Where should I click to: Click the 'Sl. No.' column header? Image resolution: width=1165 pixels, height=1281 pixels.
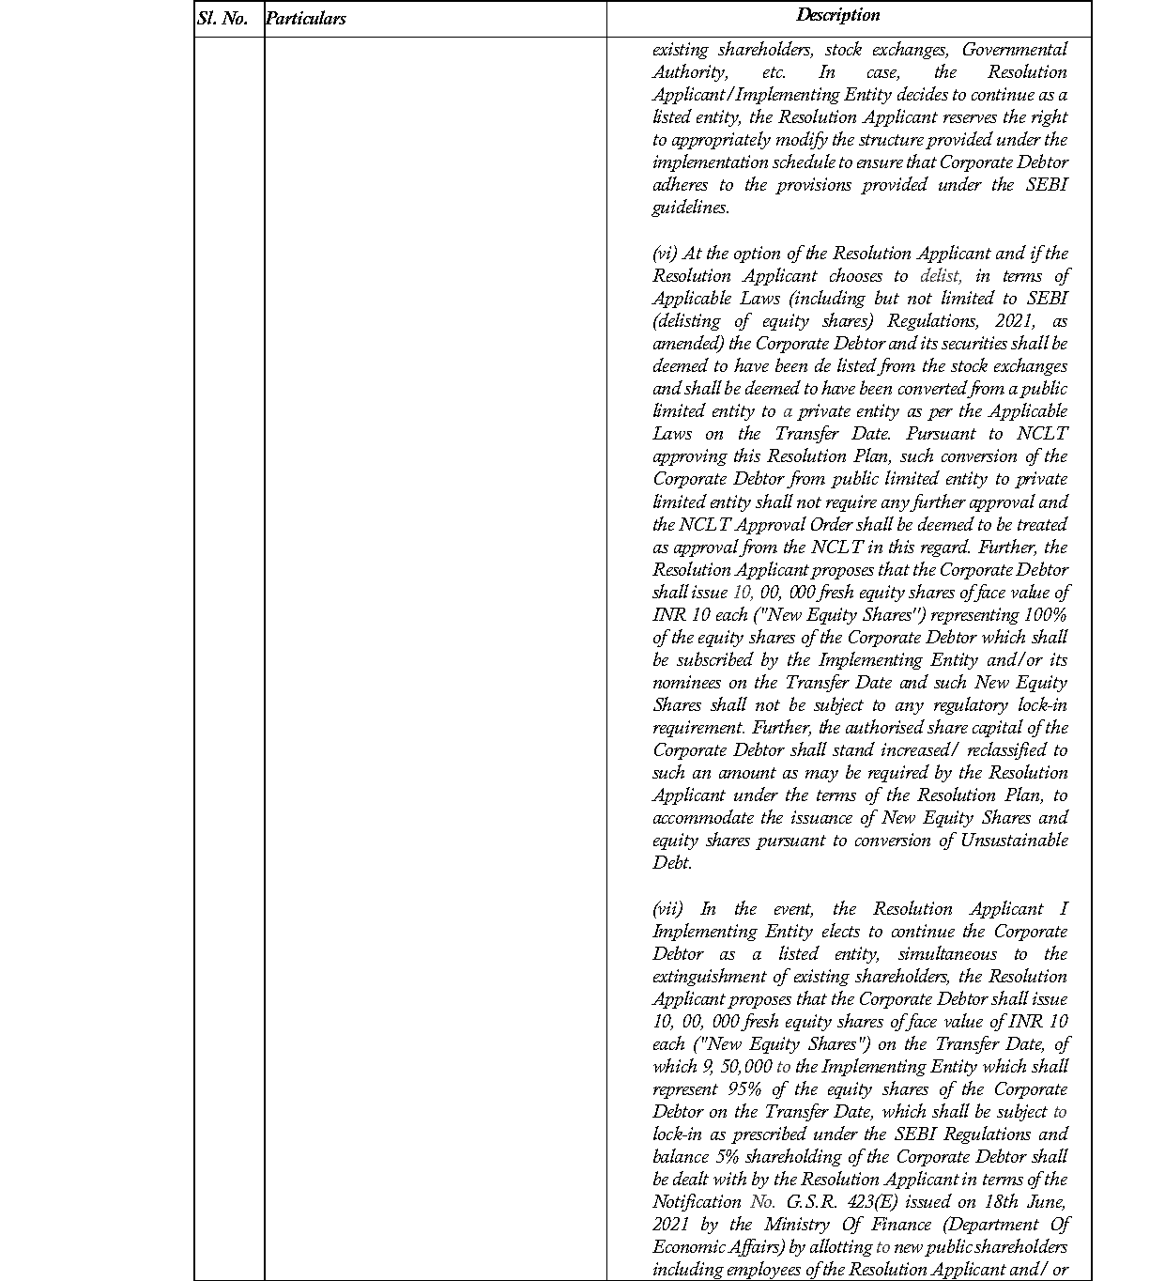(x=222, y=19)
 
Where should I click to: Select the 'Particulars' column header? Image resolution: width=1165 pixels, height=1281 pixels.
(x=306, y=19)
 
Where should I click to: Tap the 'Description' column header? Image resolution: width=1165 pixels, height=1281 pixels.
(x=838, y=15)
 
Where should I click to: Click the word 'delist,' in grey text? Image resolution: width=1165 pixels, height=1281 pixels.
(x=941, y=276)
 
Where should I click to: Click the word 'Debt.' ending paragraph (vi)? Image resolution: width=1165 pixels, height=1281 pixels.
(x=672, y=863)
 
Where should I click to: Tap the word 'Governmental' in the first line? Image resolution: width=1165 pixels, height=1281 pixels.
(x=1015, y=50)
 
